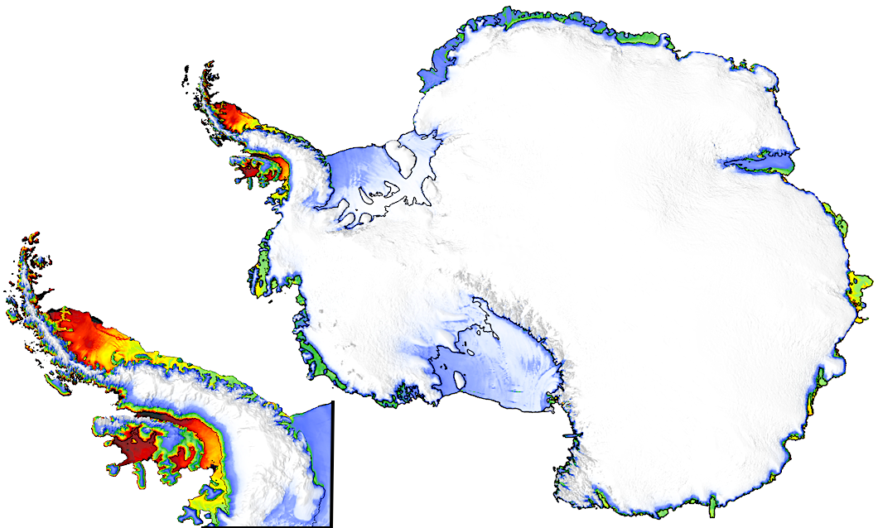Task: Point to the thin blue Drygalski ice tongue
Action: (572, 434)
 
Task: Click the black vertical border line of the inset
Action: (332, 463)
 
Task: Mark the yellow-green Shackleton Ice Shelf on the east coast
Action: (857, 286)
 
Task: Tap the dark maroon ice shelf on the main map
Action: (247, 173)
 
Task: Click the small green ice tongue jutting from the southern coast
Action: (714, 503)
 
